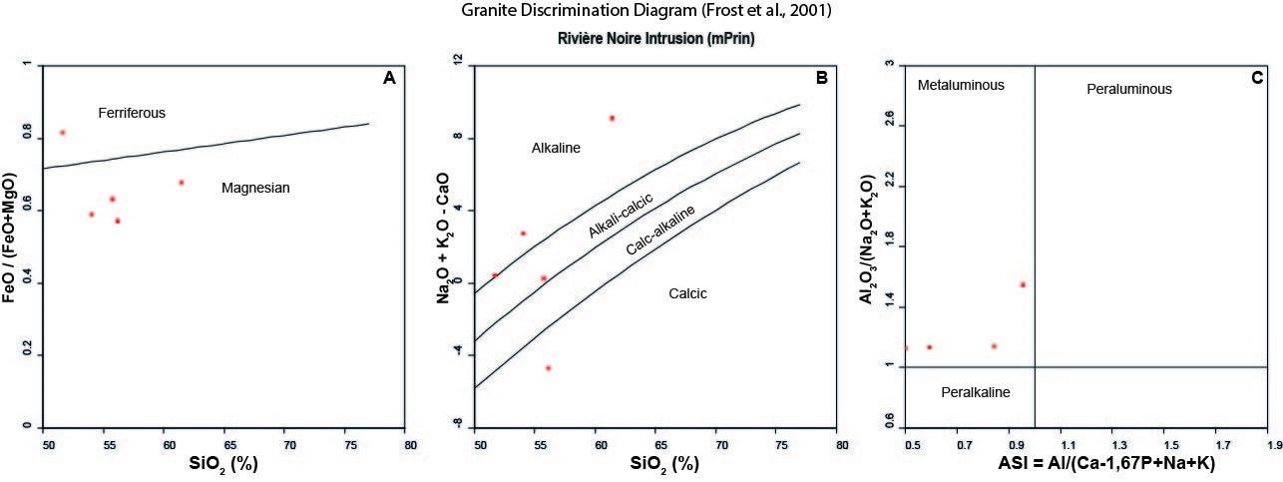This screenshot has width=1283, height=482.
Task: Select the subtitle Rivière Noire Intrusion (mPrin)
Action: [641, 39]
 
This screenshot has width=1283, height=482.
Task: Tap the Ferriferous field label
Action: [131, 113]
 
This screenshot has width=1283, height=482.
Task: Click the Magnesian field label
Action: [255, 187]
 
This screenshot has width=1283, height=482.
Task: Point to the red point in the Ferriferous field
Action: [63, 133]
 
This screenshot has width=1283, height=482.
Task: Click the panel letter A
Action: [390, 78]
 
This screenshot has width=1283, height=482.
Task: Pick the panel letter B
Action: [824, 78]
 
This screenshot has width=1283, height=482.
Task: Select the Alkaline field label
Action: [556, 149]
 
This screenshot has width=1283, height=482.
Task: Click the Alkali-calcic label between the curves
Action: [620, 216]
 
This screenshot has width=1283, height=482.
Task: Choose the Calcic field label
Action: [686, 293]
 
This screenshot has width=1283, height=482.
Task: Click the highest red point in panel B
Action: [612, 118]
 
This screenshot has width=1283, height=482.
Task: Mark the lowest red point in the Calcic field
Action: [548, 368]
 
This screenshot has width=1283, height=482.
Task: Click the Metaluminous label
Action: [961, 85]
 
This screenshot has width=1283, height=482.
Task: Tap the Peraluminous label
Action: [1128, 90]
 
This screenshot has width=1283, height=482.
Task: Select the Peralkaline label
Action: [976, 392]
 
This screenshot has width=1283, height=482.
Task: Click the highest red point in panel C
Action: [1023, 284]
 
